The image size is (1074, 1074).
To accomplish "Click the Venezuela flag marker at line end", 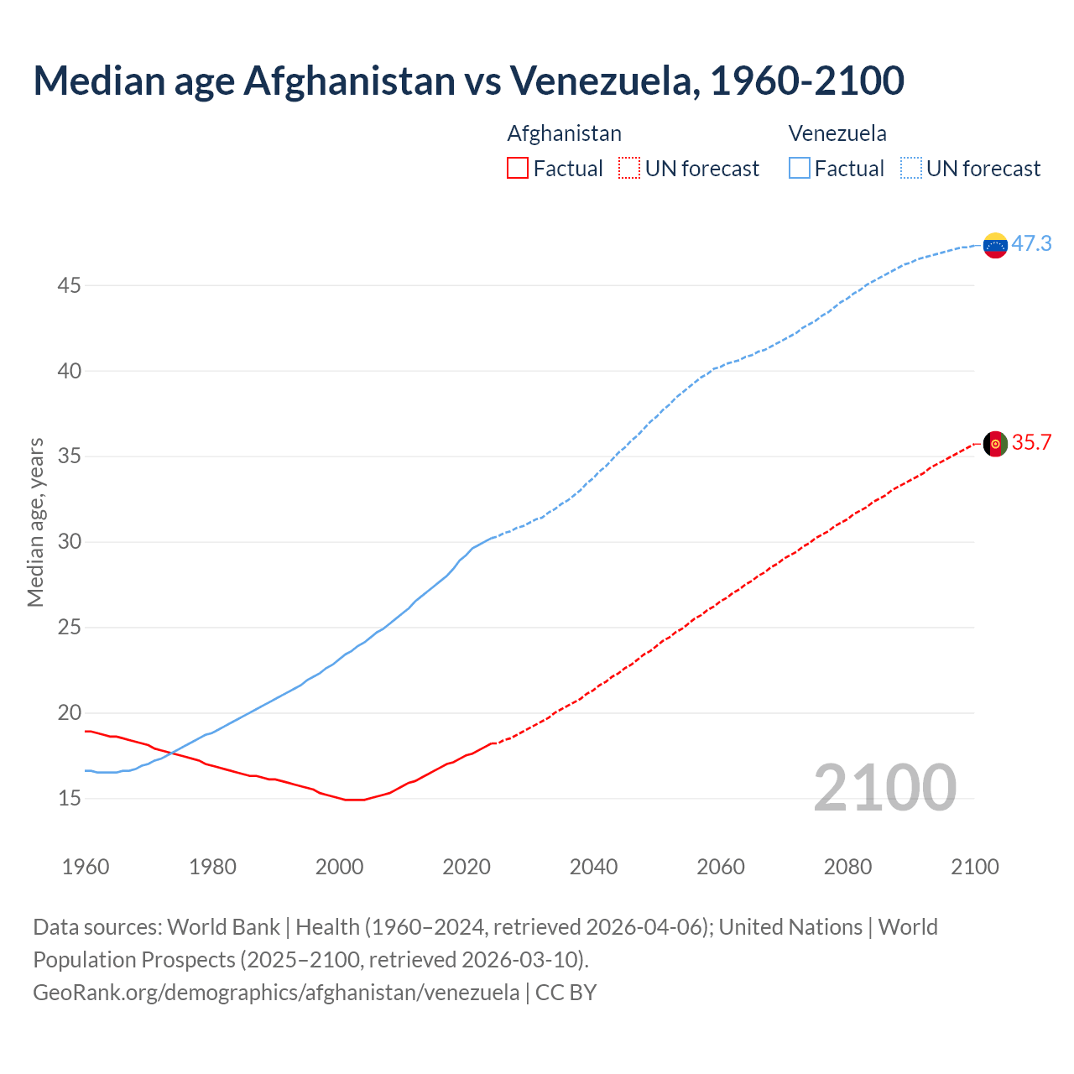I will pyautogui.click(x=995, y=245).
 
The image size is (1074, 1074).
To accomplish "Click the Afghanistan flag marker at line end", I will pyautogui.click(x=995, y=444).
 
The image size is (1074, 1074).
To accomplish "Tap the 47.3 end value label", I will pyautogui.click(x=1031, y=243).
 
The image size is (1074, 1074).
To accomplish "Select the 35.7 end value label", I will pyautogui.click(x=1031, y=442).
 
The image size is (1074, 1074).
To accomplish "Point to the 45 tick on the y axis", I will pyautogui.click(x=69, y=285).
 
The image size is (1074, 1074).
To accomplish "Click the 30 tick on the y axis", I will pyautogui.click(x=69, y=542).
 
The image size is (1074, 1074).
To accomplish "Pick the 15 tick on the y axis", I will pyautogui.click(x=69, y=798).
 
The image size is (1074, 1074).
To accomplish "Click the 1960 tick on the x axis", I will pyautogui.click(x=86, y=867).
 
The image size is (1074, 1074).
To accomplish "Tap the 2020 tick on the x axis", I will pyautogui.click(x=467, y=867).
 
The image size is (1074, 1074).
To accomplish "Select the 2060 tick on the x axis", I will pyautogui.click(x=721, y=867).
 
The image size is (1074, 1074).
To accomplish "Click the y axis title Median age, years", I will pyautogui.click(x=35, y=522).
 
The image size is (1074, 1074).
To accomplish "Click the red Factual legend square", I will pyautogui.click(x=518, y=169).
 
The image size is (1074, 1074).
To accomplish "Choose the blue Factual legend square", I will pyautogui.click(x=799, y=169).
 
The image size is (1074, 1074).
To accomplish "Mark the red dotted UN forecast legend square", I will pyautogui.click(x=629, y=169).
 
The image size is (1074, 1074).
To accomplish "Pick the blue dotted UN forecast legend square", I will pyautogui.click(x=910, y=169).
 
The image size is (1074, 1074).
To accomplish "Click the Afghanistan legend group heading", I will pyautogui.click(x=564, y=133).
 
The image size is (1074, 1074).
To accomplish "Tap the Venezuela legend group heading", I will pyautogui.click(x=837, y=133).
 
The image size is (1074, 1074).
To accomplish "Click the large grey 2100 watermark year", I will pyautogui.click(x=884, y=787).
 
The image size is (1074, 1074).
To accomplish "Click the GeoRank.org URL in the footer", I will pyautogui.click(x=276, y=992).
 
